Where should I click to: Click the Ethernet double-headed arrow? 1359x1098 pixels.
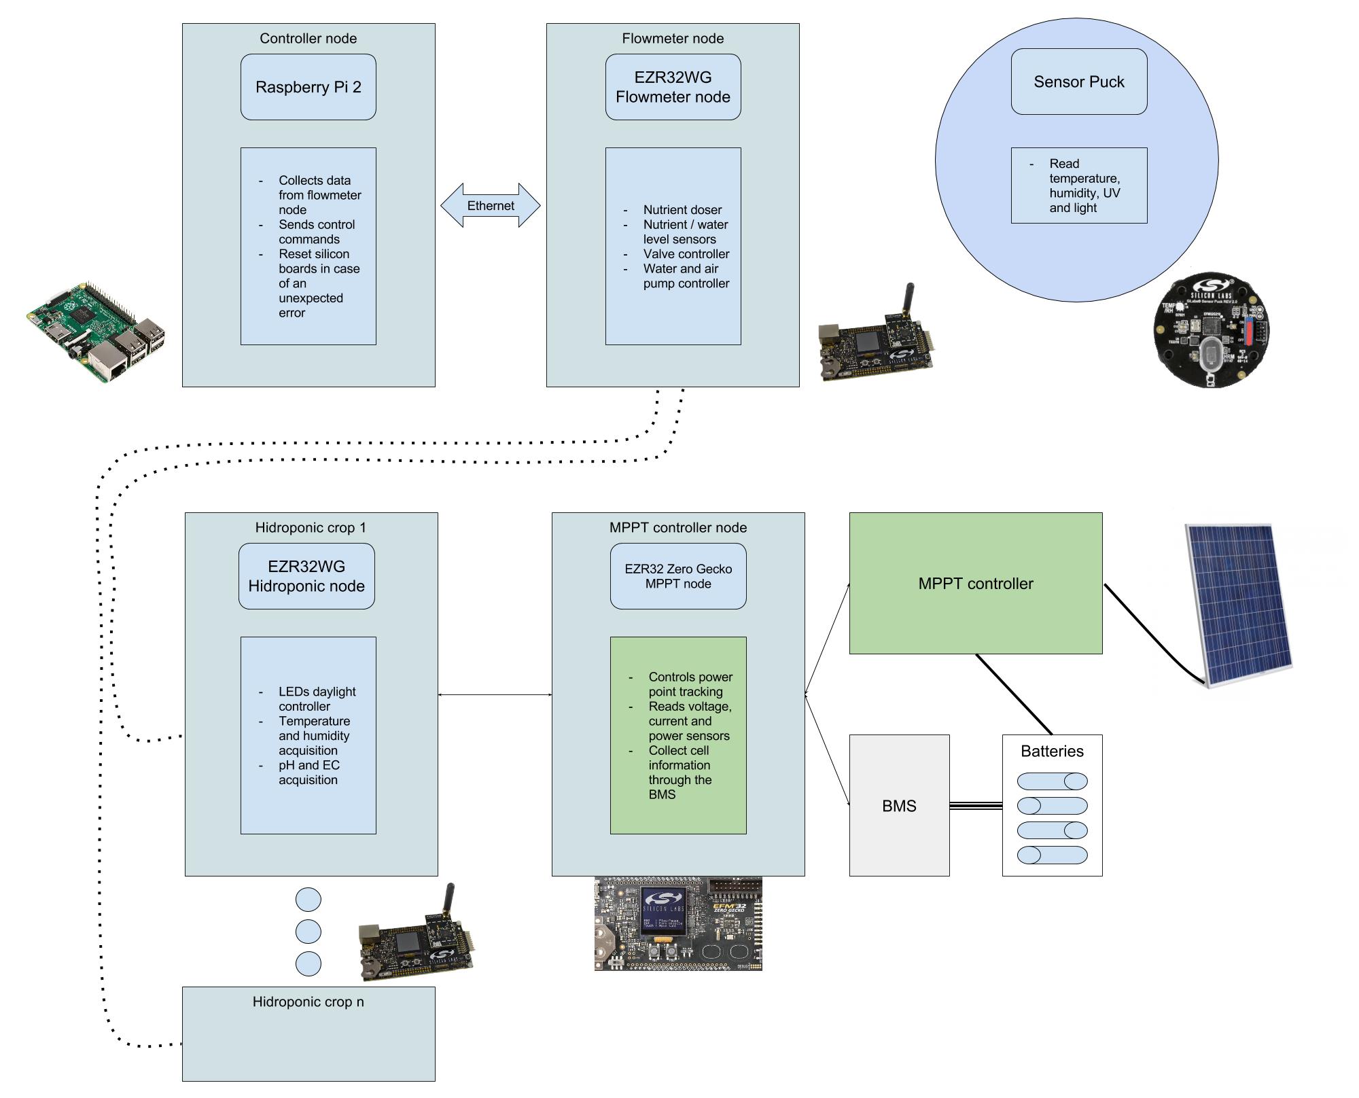[x=490, y=205]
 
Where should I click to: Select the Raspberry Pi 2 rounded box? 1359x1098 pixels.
[x=308, y=87]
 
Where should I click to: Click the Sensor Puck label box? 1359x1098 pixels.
[x=1078, y=82]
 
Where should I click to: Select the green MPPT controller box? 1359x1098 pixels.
[x=975, y=583]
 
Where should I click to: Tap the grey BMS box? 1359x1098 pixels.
[x=899, y=805]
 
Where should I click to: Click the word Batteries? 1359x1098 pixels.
[x=1052, y=751]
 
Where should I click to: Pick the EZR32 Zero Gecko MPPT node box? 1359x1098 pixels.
[x=678, y=576]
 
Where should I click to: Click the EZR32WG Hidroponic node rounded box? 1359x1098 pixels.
[x=306, y=576]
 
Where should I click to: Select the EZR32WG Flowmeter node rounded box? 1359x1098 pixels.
[x=673, y=87]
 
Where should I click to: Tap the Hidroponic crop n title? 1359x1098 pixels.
[x=308, y=1002]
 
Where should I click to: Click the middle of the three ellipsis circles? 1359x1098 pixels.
[x=308, y=932]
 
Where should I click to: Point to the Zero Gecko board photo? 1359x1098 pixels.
[x=678, y=924]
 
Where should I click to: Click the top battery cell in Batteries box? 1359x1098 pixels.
[x=1052, y=781]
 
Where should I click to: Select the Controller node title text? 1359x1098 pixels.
[x=308, y=39]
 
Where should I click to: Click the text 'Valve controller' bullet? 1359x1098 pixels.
[x=686, y=254]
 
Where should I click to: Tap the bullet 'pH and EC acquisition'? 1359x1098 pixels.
[x=308, y=773]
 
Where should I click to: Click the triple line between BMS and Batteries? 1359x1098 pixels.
[x=976, y=806]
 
